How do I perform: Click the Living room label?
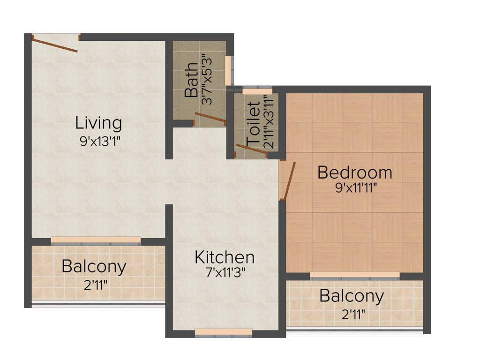pos(98,123)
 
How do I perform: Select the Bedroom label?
pos(354,172)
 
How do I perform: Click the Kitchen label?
pos(225,257)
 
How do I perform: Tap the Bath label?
pos(191,83)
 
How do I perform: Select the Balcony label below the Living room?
pos(94,266)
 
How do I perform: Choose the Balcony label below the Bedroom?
pos(352,296)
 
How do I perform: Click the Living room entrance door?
pos(55,45)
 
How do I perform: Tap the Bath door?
pos(210,118)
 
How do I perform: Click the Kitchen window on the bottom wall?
pos(223,332)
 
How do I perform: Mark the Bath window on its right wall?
pos(228,70)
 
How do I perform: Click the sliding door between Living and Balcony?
pos(96,240)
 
